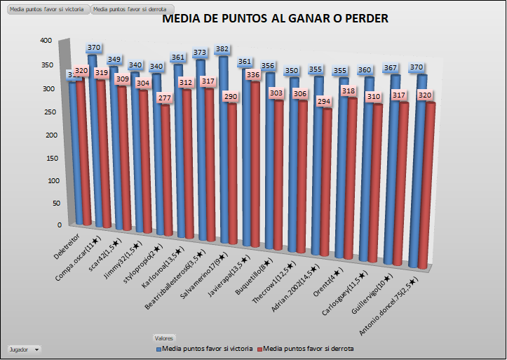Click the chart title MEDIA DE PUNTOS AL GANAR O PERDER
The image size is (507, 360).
click(x=275, y=19)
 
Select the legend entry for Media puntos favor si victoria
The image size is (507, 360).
click(x=204, y=348)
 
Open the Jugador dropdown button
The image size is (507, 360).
click(x=23, y=349)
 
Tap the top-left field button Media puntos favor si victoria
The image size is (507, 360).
click(x=47, y=10)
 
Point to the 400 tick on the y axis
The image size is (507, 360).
click(x=46, y=41)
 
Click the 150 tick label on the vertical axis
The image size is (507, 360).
click(x=46, y=156)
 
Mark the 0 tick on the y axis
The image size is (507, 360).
click(x=59, y=225)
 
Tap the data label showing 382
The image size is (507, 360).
click(x=222, y=49)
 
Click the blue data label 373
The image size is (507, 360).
click(x=201, y=52)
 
